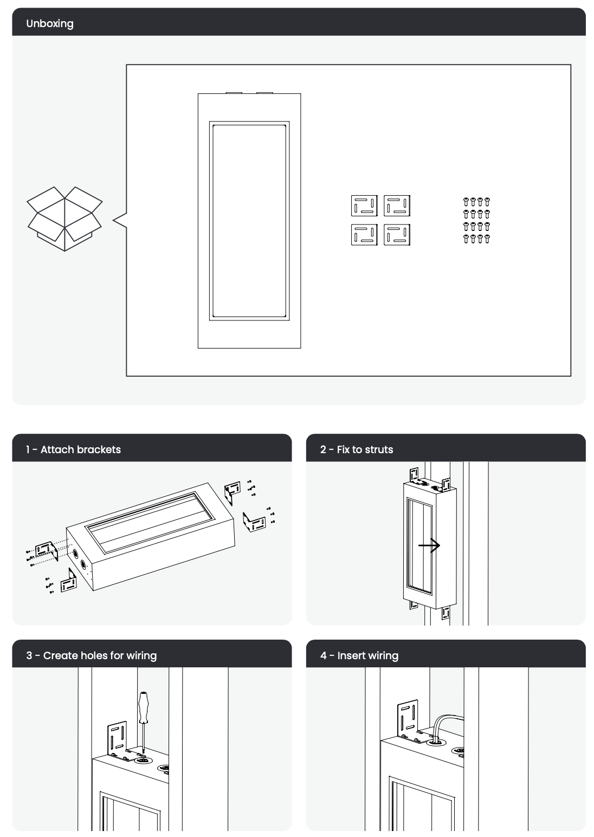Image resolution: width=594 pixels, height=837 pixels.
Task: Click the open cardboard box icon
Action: (64, 218)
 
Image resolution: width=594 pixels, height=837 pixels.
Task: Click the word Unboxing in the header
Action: (50, 23)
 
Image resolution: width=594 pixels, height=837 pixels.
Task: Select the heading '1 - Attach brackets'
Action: (73, 449)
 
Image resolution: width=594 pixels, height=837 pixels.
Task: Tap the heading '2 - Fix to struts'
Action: (357, 449)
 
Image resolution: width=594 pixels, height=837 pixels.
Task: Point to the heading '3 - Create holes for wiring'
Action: (91, 655)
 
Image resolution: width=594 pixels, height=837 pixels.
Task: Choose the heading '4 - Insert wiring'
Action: (359, 655)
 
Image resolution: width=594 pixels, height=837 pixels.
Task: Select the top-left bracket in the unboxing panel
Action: (364, 205)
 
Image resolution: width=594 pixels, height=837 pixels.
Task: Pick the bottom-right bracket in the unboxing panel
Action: (397, 235)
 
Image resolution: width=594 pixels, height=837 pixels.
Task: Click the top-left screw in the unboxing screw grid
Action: (466, 202)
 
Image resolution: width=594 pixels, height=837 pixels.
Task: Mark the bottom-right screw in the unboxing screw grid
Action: (487, 239)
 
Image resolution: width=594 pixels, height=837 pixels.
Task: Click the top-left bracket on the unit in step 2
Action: (414, 475)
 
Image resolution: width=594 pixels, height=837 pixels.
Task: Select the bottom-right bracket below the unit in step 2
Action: (445, 613)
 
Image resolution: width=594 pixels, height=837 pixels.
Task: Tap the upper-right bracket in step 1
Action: (232, 491)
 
